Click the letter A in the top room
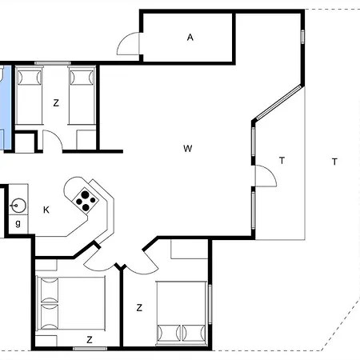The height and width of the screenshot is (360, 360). tap(190, 37)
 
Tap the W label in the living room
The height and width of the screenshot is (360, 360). tap(187, 148)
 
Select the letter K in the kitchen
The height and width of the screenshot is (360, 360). tap(46, 210)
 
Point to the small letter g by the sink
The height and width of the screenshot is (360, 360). tap(18, 223)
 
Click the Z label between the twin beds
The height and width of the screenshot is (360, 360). tap(56, 102)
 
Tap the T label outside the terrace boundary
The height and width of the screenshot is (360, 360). tap(334, 162)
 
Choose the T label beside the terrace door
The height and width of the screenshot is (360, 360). tap(282, 160)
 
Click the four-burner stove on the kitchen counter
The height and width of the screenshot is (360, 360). tap(83, 198)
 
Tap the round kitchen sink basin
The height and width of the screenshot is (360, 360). tap(17, 206)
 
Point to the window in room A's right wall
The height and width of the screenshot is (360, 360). tap(303, 37)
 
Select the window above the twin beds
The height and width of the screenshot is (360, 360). tap(52, 62)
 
